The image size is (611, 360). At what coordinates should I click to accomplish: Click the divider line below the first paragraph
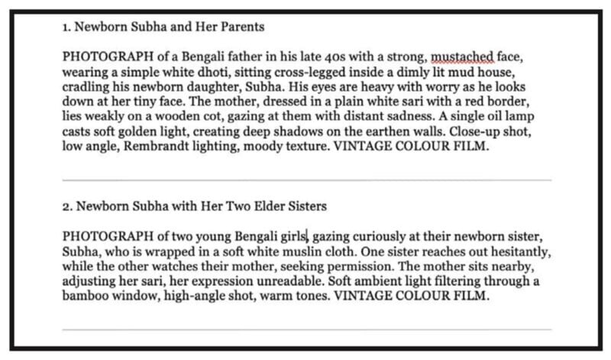(x=305, y=180)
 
